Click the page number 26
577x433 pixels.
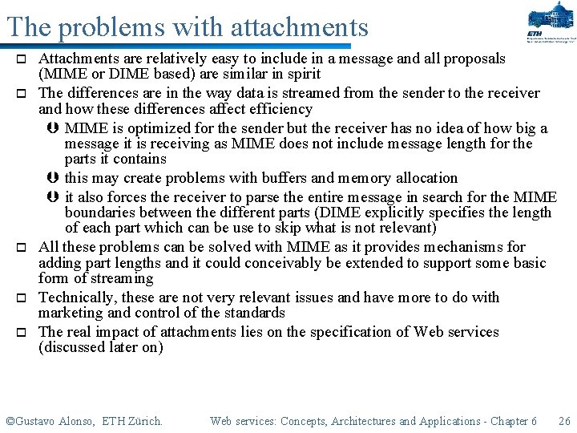click(x=564, y=421)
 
